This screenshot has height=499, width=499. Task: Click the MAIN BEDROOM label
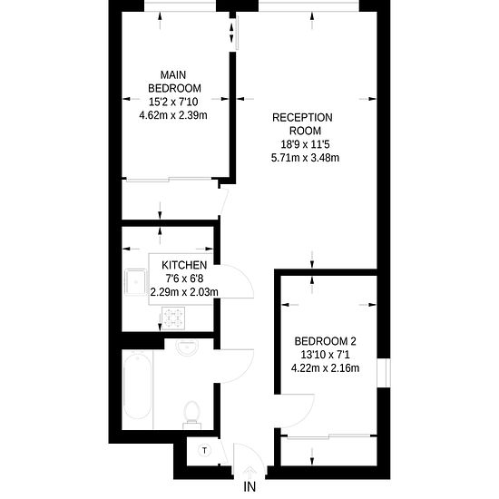point(174,82)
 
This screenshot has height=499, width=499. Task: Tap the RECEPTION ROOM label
point(302,124)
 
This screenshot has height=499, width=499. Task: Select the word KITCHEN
point(184,265)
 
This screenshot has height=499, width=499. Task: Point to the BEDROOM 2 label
point(325,341)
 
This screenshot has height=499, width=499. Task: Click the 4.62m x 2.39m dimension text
point(173,115)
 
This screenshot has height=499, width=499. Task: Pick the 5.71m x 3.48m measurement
point(305,158)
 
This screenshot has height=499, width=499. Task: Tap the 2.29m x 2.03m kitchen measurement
point(184,292)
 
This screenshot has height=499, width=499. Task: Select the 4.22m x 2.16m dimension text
point(325,368)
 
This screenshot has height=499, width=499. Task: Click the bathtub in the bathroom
point(137,386)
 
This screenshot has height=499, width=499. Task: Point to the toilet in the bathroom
point(192,415)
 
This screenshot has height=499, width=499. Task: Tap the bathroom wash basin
point(188,347)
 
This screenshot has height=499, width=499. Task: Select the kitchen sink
point(135,282)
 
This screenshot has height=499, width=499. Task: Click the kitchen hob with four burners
point(173,318)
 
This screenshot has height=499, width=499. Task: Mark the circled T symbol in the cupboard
point(204,450)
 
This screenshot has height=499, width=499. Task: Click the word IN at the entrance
point(249,486)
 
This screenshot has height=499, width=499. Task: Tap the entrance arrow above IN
point(250,471)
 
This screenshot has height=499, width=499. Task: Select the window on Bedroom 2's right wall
point(384,373)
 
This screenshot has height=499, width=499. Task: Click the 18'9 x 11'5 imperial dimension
point(305,144)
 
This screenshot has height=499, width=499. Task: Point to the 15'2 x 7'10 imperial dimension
point(173,102)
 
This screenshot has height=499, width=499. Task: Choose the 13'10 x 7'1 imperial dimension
point(325,355)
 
